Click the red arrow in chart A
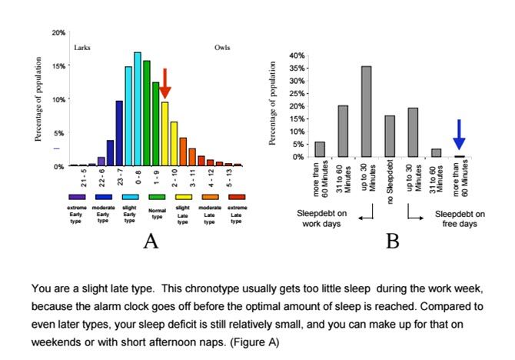[x=164, y=82]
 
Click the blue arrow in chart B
[x=459, y=134]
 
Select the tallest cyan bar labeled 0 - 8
[x=138, y=109]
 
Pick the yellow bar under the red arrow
[x=164, y=134]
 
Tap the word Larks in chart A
[x=82, y=48]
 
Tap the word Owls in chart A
[x=221, y=48]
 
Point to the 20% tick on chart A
[x=59, y=32]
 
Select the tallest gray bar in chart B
[x=366, y=111]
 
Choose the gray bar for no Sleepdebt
[x=389, y=136]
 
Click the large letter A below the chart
[x=151, y=242]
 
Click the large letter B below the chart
[x=393, y=242]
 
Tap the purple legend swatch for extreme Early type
[x=76, y=198]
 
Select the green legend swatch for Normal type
[x=157, y=198]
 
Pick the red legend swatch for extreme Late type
[x=237, y=198]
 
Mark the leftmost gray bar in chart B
[x=320, y=149]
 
